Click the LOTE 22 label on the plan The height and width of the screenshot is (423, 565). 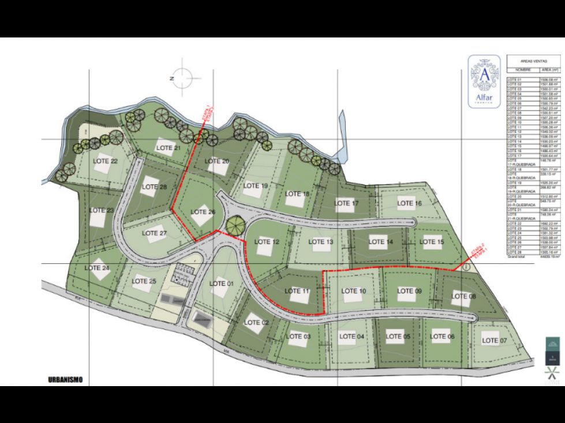click(x=106, y=161)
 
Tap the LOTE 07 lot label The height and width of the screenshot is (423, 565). click(x=494, y=341)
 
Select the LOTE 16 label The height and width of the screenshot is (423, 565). click(x=410, y=203)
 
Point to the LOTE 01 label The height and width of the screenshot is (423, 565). click(x=222, y=284)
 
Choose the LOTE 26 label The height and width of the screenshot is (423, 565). click(x=203, y=212)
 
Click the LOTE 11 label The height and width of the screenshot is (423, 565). click(x=297, y=292)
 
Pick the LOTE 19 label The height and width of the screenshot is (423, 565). click(x=255, y=186)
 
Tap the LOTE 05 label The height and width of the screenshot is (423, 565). click(x=398, y=337)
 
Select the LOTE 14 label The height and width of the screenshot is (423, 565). click(x=381, y=242)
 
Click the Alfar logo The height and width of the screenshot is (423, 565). click(x=484, y=82)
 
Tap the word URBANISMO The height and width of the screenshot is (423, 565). click(x=66, y=379)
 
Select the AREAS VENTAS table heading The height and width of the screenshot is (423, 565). click(x=533, y=61)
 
